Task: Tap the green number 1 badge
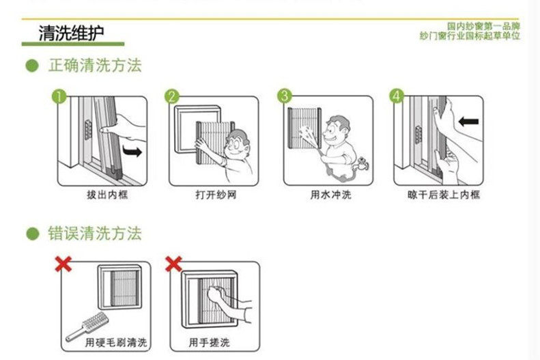coord(61,96)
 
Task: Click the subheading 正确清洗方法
coord(94,66)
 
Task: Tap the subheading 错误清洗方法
coord(94,234)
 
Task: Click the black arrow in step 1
coord(132,149)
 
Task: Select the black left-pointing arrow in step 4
coord(469,122)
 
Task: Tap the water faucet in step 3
coord(362,163)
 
